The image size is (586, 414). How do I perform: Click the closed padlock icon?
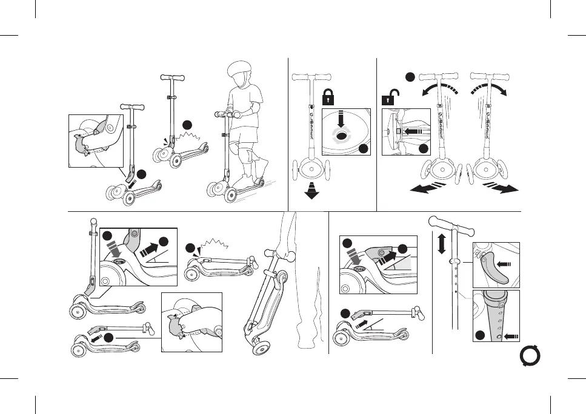click(328, 96)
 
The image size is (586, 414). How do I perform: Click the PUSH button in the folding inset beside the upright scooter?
click(119, 261)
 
